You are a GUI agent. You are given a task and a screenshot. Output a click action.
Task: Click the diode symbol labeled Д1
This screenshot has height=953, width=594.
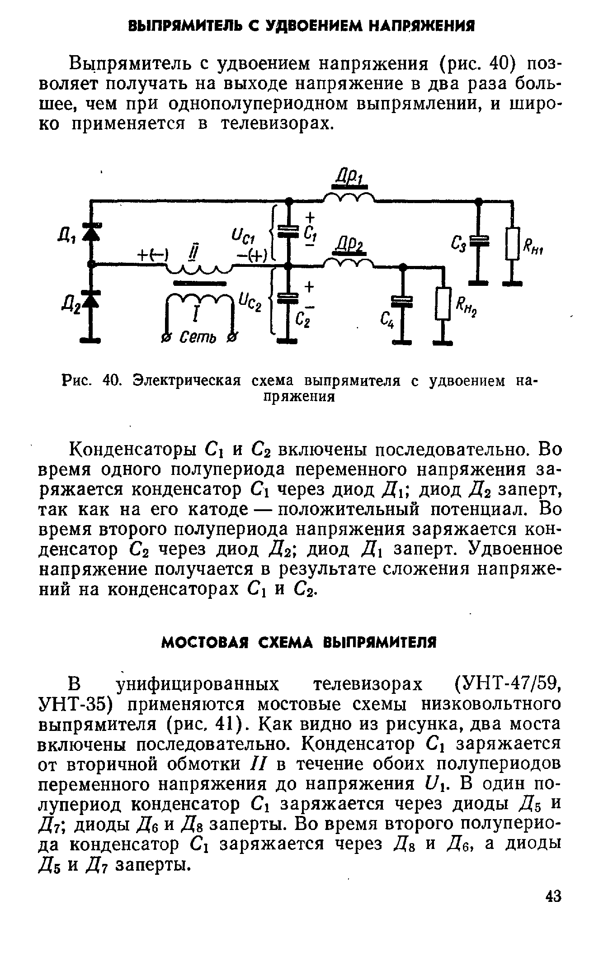pos(91,232)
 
